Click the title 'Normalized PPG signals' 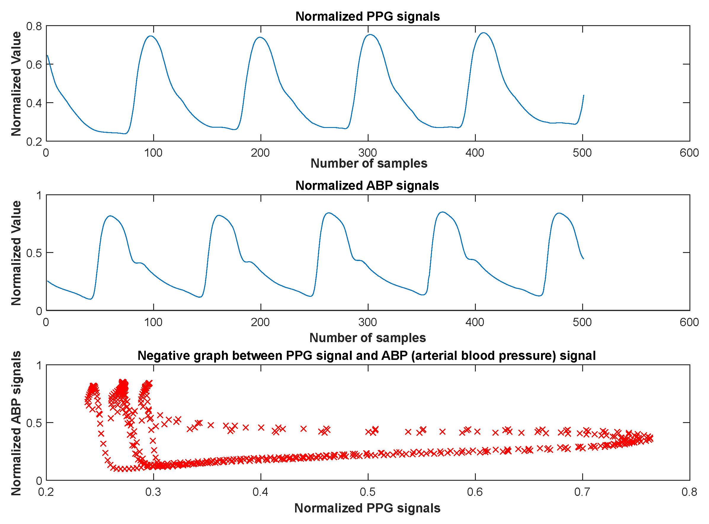(367, 17)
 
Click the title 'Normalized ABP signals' (367, 185)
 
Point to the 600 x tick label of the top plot (689, 153)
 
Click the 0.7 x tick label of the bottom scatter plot (582, 492)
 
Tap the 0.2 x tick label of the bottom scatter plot (46, 492)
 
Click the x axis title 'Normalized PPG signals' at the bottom (367, 508)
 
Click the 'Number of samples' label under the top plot (369, 163)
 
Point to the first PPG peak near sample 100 (151, 36)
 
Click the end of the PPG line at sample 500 (583, 95)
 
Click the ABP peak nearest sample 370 (442, 212)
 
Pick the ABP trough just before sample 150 (199, 297)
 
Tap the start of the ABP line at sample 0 (48, 281)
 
